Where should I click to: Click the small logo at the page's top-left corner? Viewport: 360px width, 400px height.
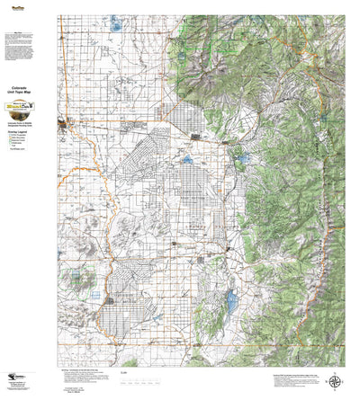point(14,5)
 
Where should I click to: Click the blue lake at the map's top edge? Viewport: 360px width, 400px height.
point(115,24)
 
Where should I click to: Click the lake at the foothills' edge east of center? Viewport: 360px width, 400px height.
point(241,162)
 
